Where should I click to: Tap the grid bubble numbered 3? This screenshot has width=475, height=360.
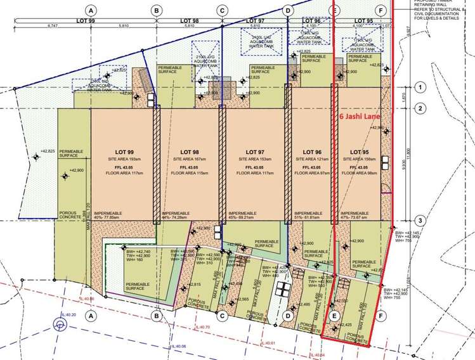tap(419, 220)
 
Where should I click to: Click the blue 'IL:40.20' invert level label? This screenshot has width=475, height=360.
tap(68, 315)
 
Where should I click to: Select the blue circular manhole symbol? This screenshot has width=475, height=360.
tap(59, 326)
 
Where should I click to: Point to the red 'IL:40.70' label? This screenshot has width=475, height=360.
tap(203, 327)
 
